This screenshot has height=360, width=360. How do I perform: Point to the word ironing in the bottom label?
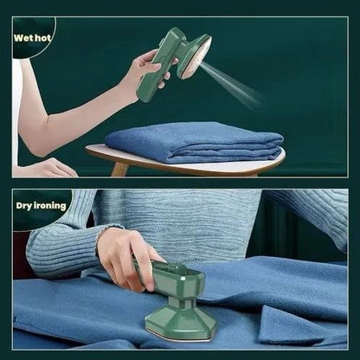coord(52,206)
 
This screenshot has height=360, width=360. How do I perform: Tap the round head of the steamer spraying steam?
coord(196,55)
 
